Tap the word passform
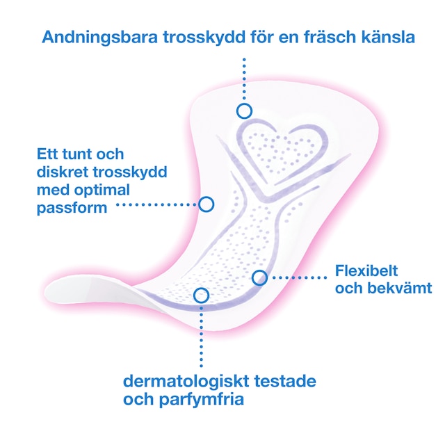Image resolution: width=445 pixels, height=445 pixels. (72, 207)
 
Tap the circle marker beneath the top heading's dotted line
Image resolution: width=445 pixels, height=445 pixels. (243, 111)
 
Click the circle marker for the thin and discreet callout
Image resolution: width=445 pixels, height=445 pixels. (206, 204)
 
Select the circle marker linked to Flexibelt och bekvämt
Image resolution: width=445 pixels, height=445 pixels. (259, 277)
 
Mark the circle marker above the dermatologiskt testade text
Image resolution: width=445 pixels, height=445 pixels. (201, 295)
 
